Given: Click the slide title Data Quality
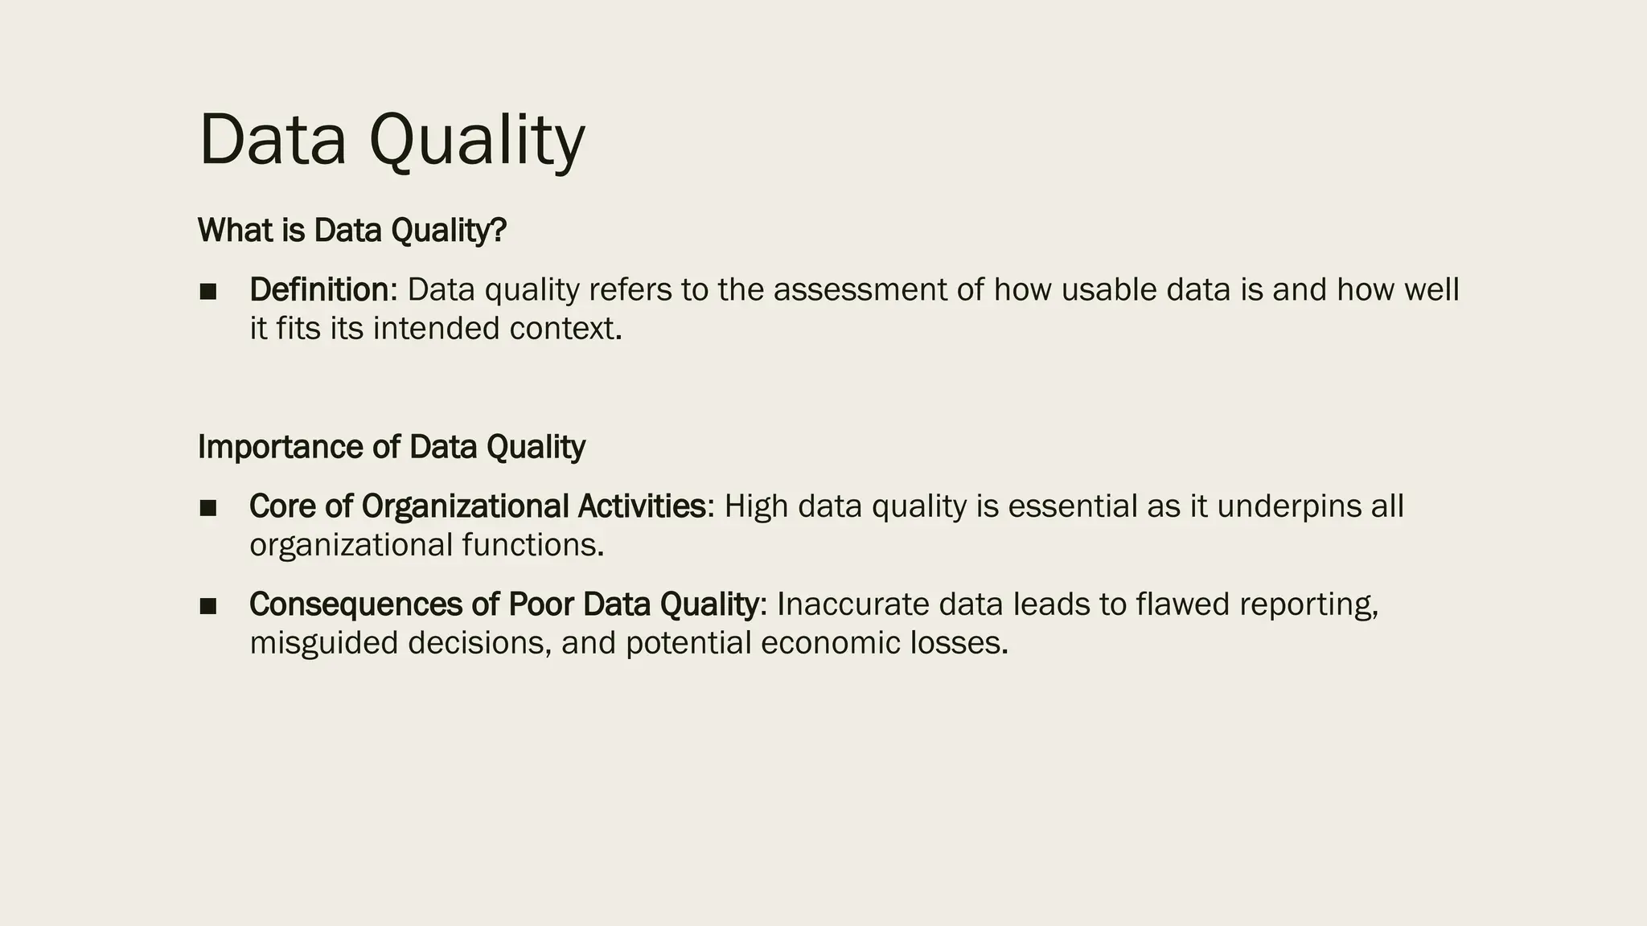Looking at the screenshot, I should tap(392, 141).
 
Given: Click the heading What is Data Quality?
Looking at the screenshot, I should tap(352, 231).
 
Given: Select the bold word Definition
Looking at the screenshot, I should tap(319, 290).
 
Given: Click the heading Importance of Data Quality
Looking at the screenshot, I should tap(392, 447).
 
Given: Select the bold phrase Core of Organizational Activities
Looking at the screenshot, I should tap(478, 506).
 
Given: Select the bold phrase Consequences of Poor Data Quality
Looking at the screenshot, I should tap(503, 604).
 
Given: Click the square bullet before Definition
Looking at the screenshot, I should tap(208, 292).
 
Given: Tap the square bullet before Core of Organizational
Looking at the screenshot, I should tap(208, 508).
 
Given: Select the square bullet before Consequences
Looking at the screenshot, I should tap(208, 606).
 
